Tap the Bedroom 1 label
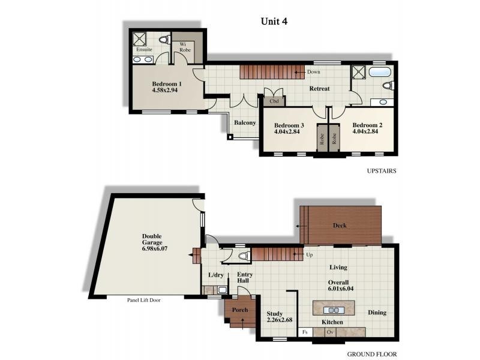pos(166,83)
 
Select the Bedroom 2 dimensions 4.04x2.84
pos(367,131)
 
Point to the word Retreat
pos(319,89)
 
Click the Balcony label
pos(245,122)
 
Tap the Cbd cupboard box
pos(274,101)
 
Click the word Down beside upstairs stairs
pos(313,72)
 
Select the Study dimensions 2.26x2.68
pos(279,320)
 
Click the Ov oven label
pos(329,332)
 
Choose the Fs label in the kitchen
pos(305,332)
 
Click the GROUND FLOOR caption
pos(371,354)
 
